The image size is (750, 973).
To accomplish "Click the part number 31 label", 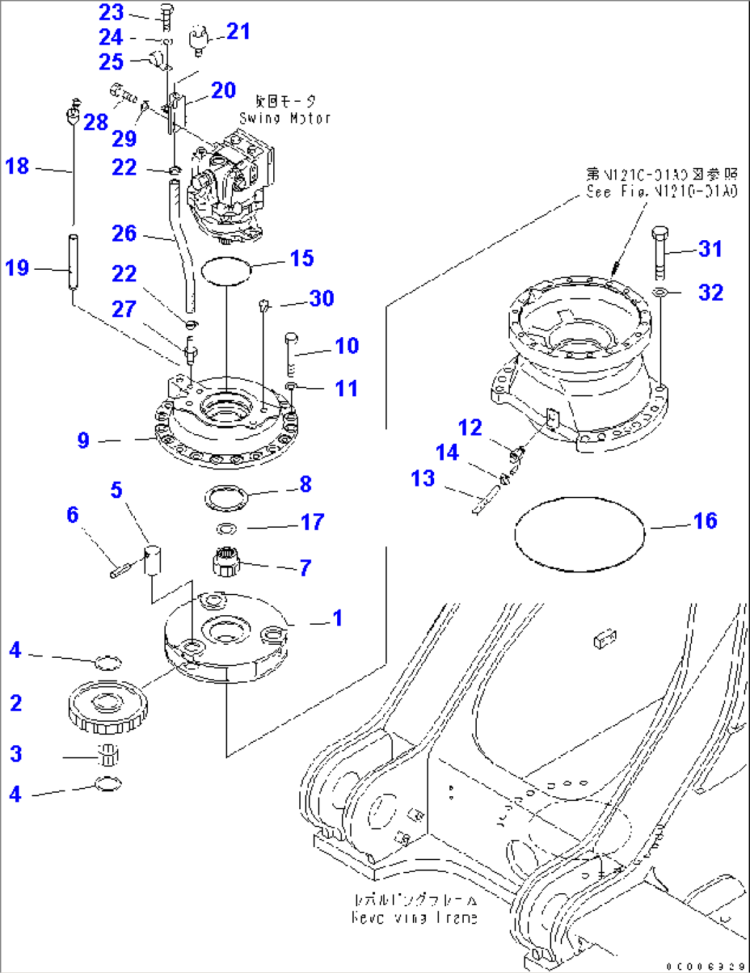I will [710, 248].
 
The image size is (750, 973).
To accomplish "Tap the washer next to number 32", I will [659, 293].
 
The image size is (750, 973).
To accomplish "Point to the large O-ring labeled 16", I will [579, 534].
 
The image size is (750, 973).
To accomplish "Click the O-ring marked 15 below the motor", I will [226, 270].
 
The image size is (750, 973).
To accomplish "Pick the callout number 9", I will [83, 440].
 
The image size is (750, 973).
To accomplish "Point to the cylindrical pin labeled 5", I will [152, 559].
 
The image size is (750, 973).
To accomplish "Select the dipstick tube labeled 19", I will [72, 262].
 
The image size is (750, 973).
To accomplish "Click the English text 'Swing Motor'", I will [285, 118].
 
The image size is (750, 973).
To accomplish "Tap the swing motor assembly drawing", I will [231, 189].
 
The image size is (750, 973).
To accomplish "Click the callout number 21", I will [238, 31].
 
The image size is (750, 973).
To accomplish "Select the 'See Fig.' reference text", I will [661, 191].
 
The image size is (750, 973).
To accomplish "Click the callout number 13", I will [422, 478].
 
